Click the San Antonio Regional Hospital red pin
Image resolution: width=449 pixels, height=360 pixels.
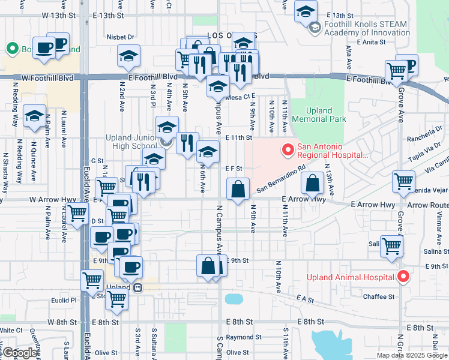[x=288, y=149]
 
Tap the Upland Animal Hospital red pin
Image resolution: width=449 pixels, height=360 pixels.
[x=403, y=277]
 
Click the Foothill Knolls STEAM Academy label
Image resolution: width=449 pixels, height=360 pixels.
[x=366, y=28]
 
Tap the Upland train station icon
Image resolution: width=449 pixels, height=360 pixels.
[x=138, y=287]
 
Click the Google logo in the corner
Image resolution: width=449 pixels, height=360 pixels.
[x=20, y=352]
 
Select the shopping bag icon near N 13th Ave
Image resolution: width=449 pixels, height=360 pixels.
[x=313, y=183]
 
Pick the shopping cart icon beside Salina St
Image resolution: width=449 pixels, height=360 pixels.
[x=391, y=245]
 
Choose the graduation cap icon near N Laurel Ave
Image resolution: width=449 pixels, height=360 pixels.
[x=35, y=116]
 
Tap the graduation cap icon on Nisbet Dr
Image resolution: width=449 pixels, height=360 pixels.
[x=128, y=56]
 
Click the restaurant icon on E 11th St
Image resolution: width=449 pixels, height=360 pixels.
[x=187, y=143]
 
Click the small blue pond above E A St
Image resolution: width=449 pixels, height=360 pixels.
[x=233, y=299]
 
